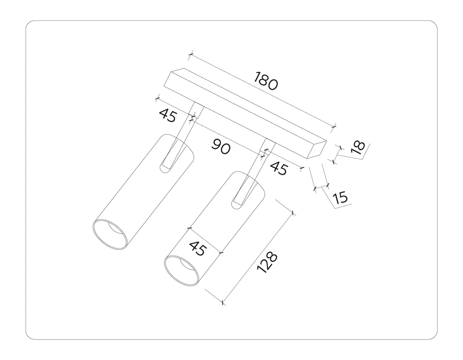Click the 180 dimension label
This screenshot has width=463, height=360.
pos(266,81)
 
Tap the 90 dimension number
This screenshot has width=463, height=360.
pos(221,147)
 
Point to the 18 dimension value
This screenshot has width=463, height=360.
pos(358,148)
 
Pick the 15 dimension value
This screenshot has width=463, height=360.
pos(340,197)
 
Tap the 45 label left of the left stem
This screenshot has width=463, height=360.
pos(168,115)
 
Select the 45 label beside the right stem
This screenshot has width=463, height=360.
pos(279,168)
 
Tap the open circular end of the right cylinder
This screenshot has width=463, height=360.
pos(181,271)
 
